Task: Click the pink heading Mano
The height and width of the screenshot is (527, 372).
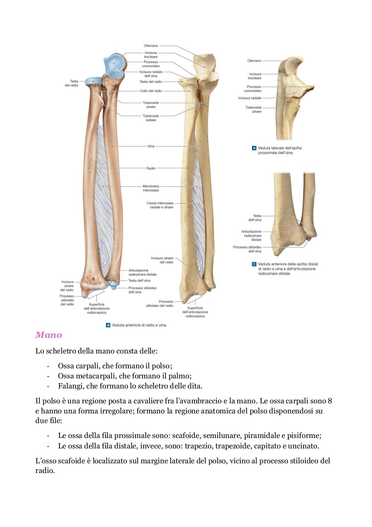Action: point(49,335)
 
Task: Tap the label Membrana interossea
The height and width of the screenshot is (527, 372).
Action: point(151,188)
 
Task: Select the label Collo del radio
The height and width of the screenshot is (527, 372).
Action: point(151,91)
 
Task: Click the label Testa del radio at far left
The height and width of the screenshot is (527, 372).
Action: point(71,83)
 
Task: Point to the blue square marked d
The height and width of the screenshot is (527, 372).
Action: point(108,325)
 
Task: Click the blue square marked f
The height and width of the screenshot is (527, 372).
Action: point(254,264)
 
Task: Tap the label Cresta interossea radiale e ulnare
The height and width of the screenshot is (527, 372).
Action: point(160,205)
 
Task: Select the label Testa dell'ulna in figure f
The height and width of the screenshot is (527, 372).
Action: point(255,218)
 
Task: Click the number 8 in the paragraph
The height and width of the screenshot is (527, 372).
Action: point(330,401)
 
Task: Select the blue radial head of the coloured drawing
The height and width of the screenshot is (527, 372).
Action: point(93,82)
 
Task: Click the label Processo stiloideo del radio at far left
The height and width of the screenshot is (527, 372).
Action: point(67,300)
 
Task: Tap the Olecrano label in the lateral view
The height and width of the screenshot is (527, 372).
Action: point(254,61)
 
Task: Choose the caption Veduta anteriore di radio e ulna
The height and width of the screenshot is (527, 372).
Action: point(139,325)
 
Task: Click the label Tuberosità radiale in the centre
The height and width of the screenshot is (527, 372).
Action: point(151,118)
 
